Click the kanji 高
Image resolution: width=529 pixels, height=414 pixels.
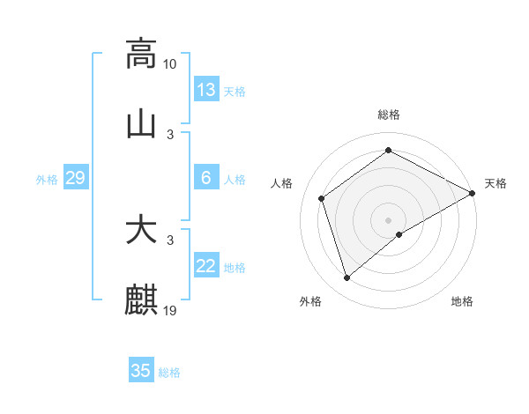[x=141, y=53]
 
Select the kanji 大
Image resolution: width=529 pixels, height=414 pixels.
[x=141, y=230]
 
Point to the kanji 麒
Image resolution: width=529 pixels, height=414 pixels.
[x=141, y=299]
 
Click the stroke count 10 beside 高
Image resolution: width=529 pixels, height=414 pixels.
[x=170, y=63]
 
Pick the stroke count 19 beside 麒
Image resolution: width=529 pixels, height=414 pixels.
[x=170, y=310]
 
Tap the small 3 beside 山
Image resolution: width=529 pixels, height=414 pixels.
[x=170, y=134]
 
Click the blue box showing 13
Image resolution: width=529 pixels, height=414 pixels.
[x=206, y=90]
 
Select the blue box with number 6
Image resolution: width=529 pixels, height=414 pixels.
[x=206, y=178]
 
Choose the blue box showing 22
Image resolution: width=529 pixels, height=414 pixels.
[x=206, y=266]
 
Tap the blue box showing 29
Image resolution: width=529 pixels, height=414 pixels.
[x=75, y=178]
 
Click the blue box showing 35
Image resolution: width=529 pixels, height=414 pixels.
[x=141, y=371]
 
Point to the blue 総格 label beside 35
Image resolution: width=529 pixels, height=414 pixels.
[x=169, y=373]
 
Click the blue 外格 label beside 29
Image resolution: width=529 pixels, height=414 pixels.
[x=47, y=180]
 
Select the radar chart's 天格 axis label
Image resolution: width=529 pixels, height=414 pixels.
[x=495, y=183]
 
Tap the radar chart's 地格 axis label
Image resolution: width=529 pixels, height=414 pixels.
[x=462, y=301]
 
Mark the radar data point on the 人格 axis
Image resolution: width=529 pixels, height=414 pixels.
[x=322, y=198]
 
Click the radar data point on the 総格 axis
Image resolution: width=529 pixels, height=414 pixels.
[x=388, y=151]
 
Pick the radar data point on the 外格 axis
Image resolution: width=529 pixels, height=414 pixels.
[x=347, y=278]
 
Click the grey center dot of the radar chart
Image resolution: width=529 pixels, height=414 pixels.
[x=388, y=219]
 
